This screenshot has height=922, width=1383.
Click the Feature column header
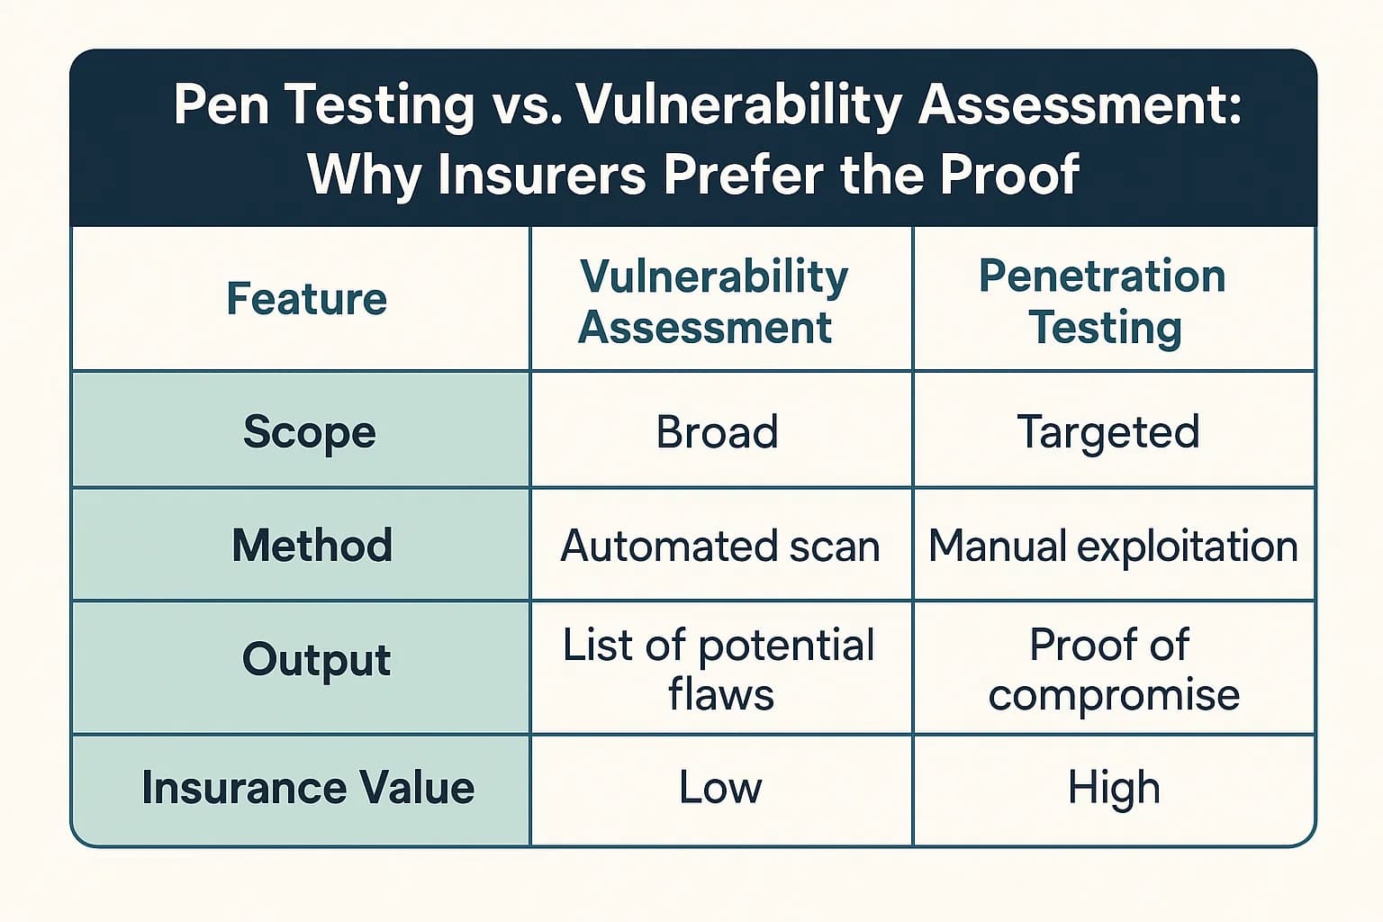[x=306, y=299]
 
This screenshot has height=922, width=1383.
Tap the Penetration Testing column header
[x=1103, y=302]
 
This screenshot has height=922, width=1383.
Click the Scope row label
[x=309, y=431]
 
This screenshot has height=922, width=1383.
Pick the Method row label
[x=312, y=546]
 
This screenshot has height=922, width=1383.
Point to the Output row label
[x=316, y=660]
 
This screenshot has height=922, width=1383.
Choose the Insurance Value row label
[x=308, y=788]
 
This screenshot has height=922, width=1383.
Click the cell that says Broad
[x=717, y=432]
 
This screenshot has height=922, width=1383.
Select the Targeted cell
[x=1107, y=432]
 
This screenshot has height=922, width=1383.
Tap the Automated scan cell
[x=719, y=547]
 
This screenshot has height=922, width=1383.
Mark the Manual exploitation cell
[x=1113, y=547]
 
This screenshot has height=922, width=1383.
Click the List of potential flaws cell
[x=719, y=670]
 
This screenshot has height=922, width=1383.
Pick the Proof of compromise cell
[x=1113, y=670]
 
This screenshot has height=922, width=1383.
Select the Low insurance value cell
[x=719, y=788]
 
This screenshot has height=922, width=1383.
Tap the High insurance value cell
[x=1114, y=788]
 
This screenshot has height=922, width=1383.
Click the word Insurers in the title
[x=541, y=174]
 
